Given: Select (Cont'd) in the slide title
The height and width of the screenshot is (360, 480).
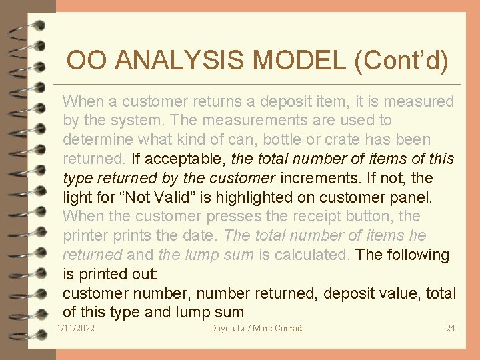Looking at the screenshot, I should (401, 61).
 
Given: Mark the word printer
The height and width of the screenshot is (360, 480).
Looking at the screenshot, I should (84, 236).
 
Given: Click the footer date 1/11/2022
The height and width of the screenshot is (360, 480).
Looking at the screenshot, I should (76, 328).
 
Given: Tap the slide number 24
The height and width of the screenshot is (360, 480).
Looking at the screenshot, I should (450, 328).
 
